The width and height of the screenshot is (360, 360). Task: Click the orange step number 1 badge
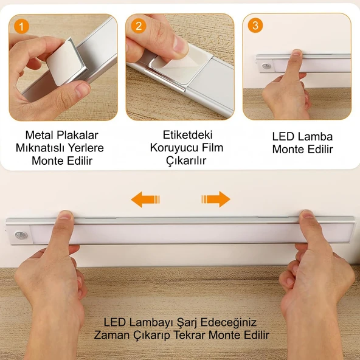[x=21, y=26]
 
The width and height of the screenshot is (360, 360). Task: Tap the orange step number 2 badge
[x=139, y=26]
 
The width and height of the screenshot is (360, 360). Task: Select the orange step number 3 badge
[x=255, y=26]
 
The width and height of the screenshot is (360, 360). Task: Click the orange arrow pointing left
[x=145, y=199]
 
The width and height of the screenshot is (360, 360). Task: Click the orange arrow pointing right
[x=216, y=199]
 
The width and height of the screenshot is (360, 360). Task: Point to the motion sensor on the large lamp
[x=21, y=235]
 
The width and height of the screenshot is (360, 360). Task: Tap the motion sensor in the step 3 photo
[x=266, y=66]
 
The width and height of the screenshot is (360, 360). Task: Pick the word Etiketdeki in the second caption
[x=187, y=135]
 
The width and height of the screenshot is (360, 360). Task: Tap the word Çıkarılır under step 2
[x=186, y=161]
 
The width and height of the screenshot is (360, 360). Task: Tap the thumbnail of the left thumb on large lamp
[x=65, y=215]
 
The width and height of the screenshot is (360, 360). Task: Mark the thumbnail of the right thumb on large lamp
[x=307, y=214]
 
